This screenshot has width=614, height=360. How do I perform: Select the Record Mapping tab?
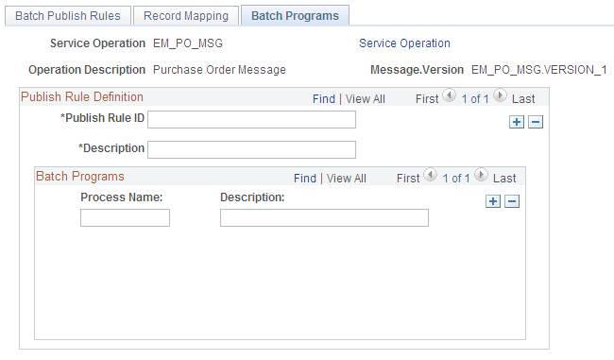coord(186,16)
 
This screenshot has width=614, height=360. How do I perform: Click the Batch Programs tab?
coord(295,16)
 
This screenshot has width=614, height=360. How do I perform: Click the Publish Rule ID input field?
coord(251,119)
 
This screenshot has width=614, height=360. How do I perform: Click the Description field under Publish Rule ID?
coord(251,149)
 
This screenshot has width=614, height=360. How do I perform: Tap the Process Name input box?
coord(125,218)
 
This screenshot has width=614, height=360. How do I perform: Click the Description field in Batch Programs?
coord(324,218)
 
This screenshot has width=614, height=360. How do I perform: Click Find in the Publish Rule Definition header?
coord(323,98)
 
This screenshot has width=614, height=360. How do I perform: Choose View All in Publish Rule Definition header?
coord(365,98)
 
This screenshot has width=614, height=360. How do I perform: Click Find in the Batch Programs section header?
coord(304,178)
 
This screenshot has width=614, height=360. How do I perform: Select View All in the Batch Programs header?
coord(346,178)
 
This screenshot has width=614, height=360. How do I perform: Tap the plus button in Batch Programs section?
coord(492,201)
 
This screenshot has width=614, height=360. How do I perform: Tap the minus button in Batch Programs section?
coord(512,201)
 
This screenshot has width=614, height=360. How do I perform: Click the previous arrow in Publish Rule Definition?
coord(449,96)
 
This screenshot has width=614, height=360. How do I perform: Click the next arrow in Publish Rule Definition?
coord(500,96)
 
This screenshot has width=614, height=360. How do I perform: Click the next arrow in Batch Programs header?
coord(481,176)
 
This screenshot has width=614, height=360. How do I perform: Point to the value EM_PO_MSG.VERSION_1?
coord(538,70)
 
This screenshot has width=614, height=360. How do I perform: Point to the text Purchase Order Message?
coord(219,70)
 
